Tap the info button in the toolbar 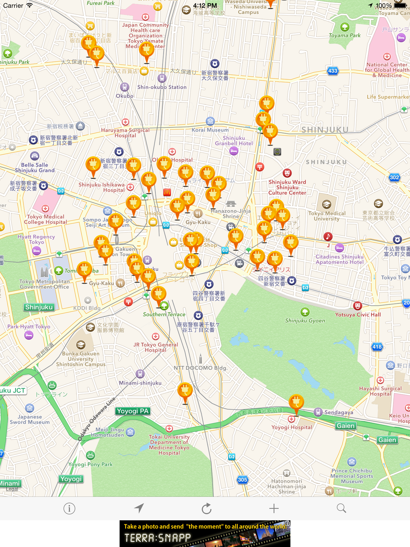click(69, 509)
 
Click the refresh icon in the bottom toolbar click(206, 509)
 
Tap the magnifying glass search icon click(341, 508)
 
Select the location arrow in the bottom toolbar click(139, 508)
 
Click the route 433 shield click(333, 71)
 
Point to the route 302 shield click(394, 177)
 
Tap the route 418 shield click(377, 347)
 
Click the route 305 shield click(242, 480)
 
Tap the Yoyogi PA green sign click(133, 411)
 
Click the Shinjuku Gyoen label click(305, 321)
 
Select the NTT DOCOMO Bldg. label click(200, 368)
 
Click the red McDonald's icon click(167, 192)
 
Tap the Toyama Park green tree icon click(345, 27)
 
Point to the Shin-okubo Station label click(162, 87)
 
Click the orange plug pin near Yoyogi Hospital click(296, 402)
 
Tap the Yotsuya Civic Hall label click(358, 315)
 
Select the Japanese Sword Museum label click(30, 419)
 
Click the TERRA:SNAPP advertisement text click(157, 538)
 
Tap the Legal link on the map click(12, 489)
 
